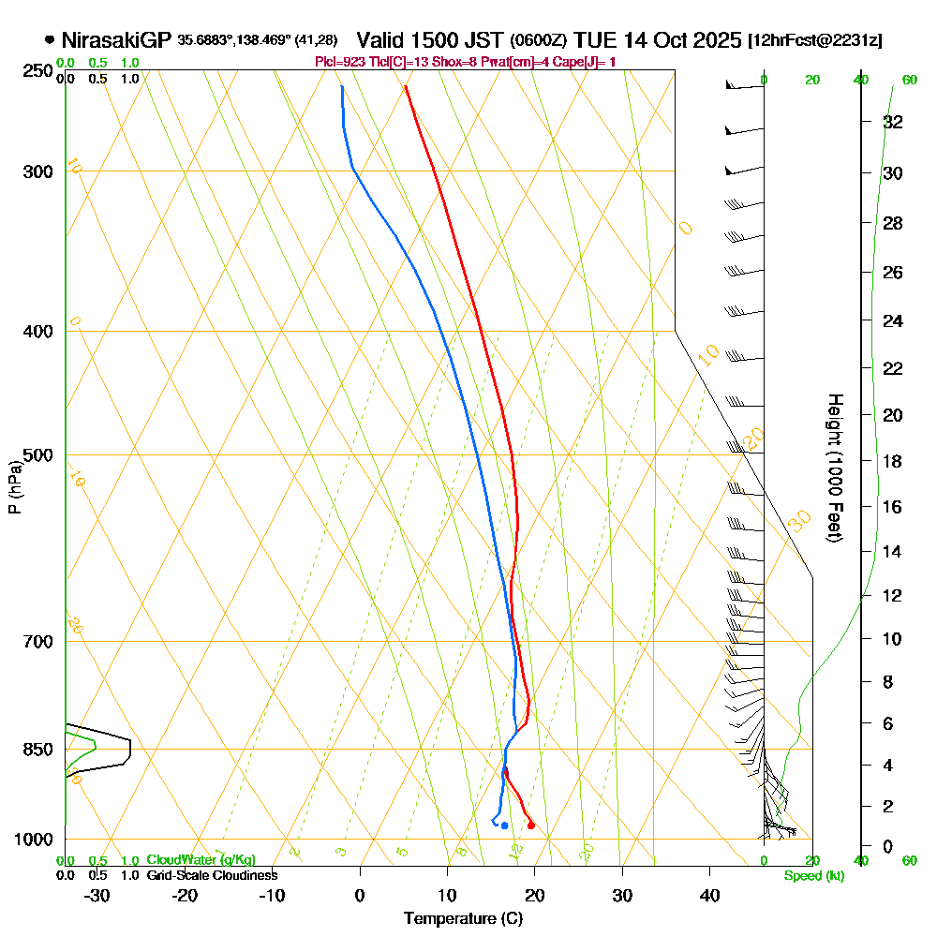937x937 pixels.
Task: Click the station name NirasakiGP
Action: coord(116,40)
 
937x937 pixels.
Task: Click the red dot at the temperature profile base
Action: coord(531,825)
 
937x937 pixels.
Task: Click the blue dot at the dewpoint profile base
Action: coord(504,825)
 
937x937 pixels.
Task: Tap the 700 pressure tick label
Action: coord(40,642)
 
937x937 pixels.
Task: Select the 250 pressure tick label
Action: coord(40,70)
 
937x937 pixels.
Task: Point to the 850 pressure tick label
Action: coord(40,750)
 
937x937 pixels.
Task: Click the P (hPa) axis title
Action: coord(15,487)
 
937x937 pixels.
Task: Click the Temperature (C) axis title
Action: coord(463,918)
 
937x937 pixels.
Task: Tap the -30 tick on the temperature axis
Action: coord(97,895)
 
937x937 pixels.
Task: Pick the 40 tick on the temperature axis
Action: coord(709,895)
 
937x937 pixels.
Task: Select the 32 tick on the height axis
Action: coord(893,122)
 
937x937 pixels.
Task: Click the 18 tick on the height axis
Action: coord(893,461)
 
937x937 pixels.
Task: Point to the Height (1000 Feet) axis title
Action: coord(834,467)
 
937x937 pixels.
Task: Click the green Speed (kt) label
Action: coord(812,876)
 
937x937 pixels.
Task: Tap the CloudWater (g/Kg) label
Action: coord(201,860)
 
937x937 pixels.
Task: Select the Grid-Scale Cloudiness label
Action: coord(211,875)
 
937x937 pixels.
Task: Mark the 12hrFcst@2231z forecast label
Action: coord(813,41)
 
